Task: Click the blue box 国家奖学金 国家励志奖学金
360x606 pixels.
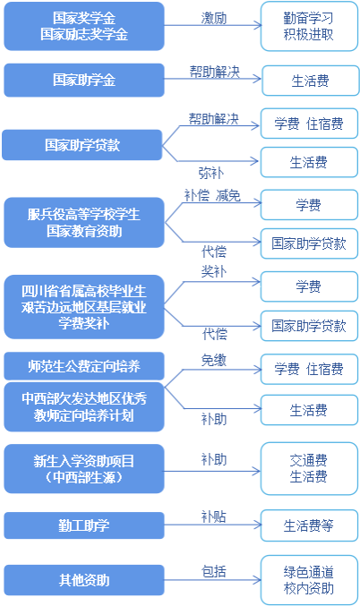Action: tap(84, 26)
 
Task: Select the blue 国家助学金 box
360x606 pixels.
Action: tap(84, 81)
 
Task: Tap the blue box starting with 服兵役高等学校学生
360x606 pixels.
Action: tap(84, 223)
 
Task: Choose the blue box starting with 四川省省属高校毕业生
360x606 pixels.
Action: tap(84, 307)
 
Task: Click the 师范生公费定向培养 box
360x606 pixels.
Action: tap(84, 366)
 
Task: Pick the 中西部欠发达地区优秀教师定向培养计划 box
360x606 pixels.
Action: tap(84, 407)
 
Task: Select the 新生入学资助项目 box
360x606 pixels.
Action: tap(84, 469)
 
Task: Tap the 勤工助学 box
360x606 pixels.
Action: tap(84, 525)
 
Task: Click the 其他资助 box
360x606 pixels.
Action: tap(84, 580)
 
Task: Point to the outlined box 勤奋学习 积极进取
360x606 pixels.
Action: tap(309, 26)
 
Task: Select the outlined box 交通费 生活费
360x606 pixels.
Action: tap(309, 468)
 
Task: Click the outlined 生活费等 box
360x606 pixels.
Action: tap(309, 525)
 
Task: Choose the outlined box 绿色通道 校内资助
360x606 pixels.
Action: tap(309, 580)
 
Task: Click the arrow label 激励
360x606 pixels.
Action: tap(214, 18)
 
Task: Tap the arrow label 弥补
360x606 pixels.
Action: tap(211, 173)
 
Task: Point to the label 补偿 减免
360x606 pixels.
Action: tap(212, 195)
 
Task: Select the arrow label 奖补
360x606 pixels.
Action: tap(214, 272)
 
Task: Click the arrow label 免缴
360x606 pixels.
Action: tap(214, 360)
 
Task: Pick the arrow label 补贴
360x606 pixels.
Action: tap(214, 516)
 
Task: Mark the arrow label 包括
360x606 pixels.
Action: tap(214, 571)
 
